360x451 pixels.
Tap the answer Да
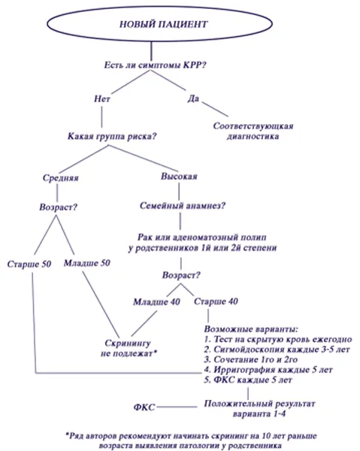[x=194, y=98]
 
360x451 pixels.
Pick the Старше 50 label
[x=29, y=265]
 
